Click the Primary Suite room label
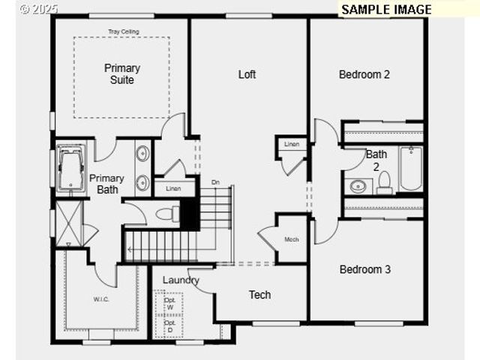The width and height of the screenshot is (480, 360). click(121, 73)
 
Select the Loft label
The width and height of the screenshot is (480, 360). click(247, 74)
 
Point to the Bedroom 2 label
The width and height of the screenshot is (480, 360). click(364, 74)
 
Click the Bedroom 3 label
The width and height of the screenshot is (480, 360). click(364, 269)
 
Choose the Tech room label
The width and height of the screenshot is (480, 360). click(259, 295)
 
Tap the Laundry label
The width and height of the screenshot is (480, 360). click(181, 280)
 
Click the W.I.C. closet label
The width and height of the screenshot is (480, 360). click(101, 299)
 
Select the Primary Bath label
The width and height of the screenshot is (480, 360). click(106, 184)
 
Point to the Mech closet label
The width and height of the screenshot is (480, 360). click(292, 240)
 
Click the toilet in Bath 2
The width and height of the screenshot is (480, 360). click(384, 182)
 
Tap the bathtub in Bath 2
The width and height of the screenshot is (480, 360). click(410, 169)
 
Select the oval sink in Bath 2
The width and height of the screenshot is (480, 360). click(358, 185)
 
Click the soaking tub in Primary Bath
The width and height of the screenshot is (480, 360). click(72, 166)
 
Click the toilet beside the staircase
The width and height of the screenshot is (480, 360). click(166, 214)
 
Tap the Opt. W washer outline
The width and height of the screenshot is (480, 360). click(169, 304)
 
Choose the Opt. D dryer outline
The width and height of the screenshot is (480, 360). click(169, 326)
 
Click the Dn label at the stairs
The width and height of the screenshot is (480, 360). click(215, 182)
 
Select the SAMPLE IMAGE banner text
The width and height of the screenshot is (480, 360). click(386, 9)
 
